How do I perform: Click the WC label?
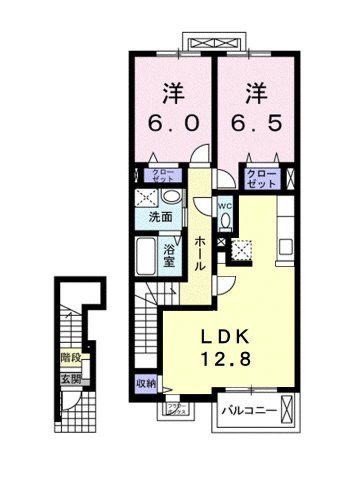(226, 207)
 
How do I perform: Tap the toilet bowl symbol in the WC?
(226, 223)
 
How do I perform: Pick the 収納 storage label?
(145, 382)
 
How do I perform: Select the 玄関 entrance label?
(68, 379)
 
